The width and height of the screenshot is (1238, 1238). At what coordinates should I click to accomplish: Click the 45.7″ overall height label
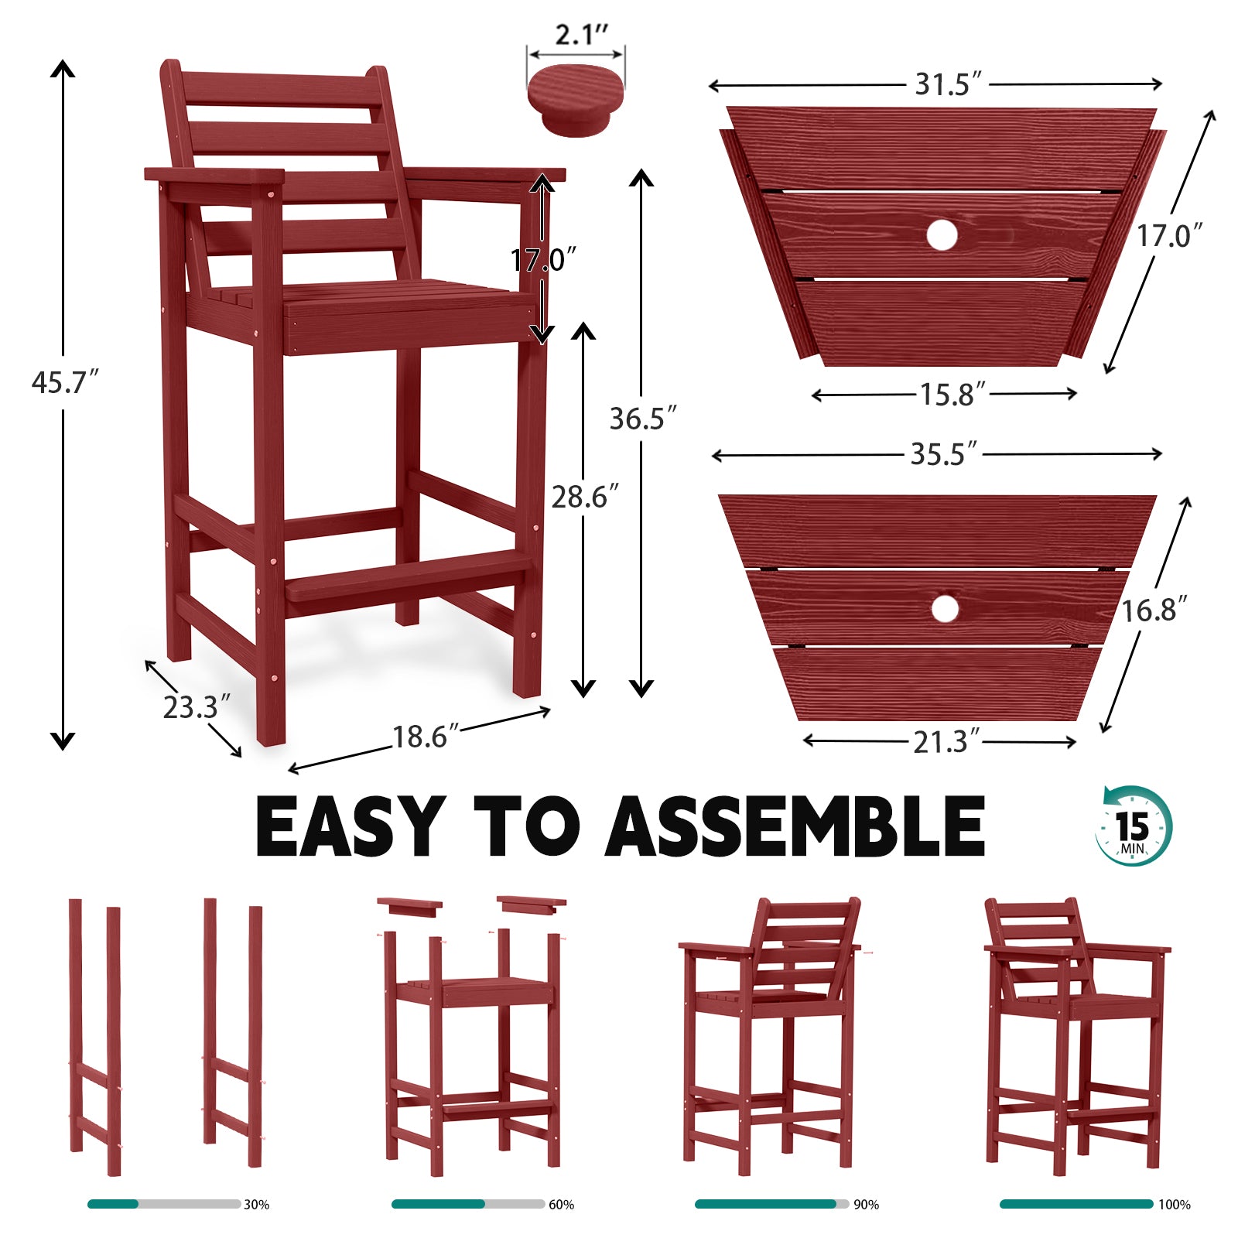pos(64,382)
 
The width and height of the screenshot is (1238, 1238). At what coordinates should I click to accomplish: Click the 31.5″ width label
pos(947,84)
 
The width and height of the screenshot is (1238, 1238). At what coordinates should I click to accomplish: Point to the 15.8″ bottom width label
pos(952,395)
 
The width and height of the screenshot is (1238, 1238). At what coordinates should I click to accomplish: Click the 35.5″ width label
pos(943,453)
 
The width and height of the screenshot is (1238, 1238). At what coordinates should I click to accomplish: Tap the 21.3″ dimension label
pos(946,741)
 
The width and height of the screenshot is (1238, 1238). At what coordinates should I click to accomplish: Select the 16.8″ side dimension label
pos(1154,610)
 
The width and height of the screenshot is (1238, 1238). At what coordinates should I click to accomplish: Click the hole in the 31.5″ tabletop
pos(942,234)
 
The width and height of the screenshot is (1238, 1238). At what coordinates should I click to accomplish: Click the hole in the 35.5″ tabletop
pos(945,609)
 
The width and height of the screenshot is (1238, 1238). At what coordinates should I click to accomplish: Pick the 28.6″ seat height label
pos(584,497)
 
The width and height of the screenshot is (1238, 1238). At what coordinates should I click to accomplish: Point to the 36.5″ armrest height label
pos(641,419)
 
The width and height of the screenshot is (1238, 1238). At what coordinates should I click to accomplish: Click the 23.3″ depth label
pos(196,707)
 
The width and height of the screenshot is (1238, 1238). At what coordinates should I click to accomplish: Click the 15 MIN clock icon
pos(1134,826)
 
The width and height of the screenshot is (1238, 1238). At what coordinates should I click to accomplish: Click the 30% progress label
pos(256,1205)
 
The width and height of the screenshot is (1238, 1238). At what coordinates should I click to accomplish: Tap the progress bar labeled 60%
pos(467,1204)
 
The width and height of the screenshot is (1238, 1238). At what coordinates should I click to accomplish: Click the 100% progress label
pos(1174,1205)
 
